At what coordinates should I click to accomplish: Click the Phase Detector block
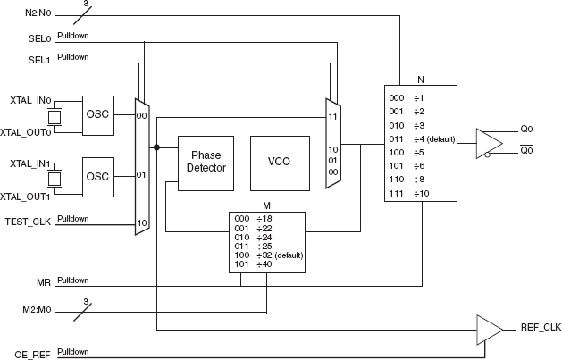(x=206, y=162)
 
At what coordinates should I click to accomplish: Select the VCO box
(x=280, y=162)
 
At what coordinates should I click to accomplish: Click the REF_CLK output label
(x=539, y=328)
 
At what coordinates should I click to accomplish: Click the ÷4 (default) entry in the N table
(x=429, y=138)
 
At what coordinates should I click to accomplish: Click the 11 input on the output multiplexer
(x=331, y=117)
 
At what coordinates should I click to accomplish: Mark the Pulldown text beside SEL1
(x=72, y=57)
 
